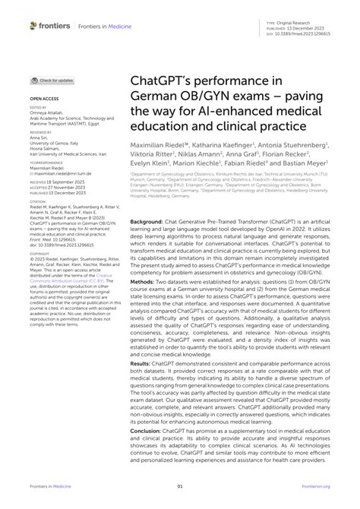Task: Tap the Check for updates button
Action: click(52, 80)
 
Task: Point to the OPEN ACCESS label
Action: click(44, 99)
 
